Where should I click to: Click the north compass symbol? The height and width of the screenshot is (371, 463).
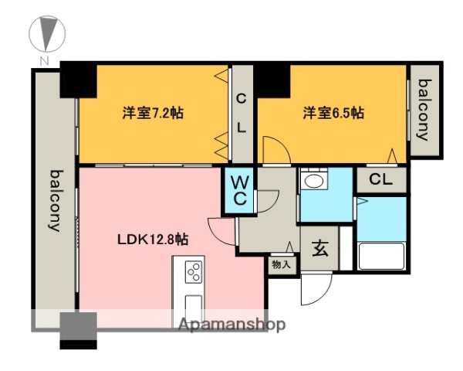pos(46,32)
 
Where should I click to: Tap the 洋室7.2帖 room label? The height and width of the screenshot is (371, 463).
pos(152,113)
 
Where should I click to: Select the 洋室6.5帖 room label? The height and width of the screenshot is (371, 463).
pos(333,113)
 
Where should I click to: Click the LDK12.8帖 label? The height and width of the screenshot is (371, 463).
pos(153,239)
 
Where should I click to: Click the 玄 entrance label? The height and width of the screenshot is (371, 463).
pos(319,250)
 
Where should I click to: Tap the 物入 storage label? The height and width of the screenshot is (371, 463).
pos(281,264)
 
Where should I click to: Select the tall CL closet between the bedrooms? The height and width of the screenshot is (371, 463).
pos(242,114)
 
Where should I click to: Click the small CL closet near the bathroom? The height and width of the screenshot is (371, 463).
pos(381,179)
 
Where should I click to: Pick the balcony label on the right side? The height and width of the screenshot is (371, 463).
pos(423,110)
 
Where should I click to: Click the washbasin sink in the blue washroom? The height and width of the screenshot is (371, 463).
pos(313,182)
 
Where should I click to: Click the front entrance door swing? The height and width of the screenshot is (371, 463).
pos(315,290)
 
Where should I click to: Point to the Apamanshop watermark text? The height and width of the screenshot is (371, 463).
pos(231,325)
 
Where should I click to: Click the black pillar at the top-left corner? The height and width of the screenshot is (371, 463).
pos(78,80)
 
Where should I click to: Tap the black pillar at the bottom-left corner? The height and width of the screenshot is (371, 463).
pos(78,328)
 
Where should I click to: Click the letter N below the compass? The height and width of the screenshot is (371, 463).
pos(46,61)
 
